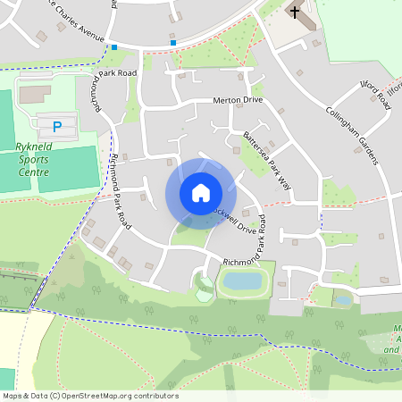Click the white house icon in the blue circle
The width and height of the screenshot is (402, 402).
(200, 193)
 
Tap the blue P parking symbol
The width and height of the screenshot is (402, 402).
(58, 126)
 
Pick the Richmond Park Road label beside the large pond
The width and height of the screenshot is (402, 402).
(253, 262)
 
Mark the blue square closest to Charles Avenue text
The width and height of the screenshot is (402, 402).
(114, 46)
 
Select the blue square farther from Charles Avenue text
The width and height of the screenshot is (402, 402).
(173, 41)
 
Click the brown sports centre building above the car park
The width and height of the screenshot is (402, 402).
(36, 93)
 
